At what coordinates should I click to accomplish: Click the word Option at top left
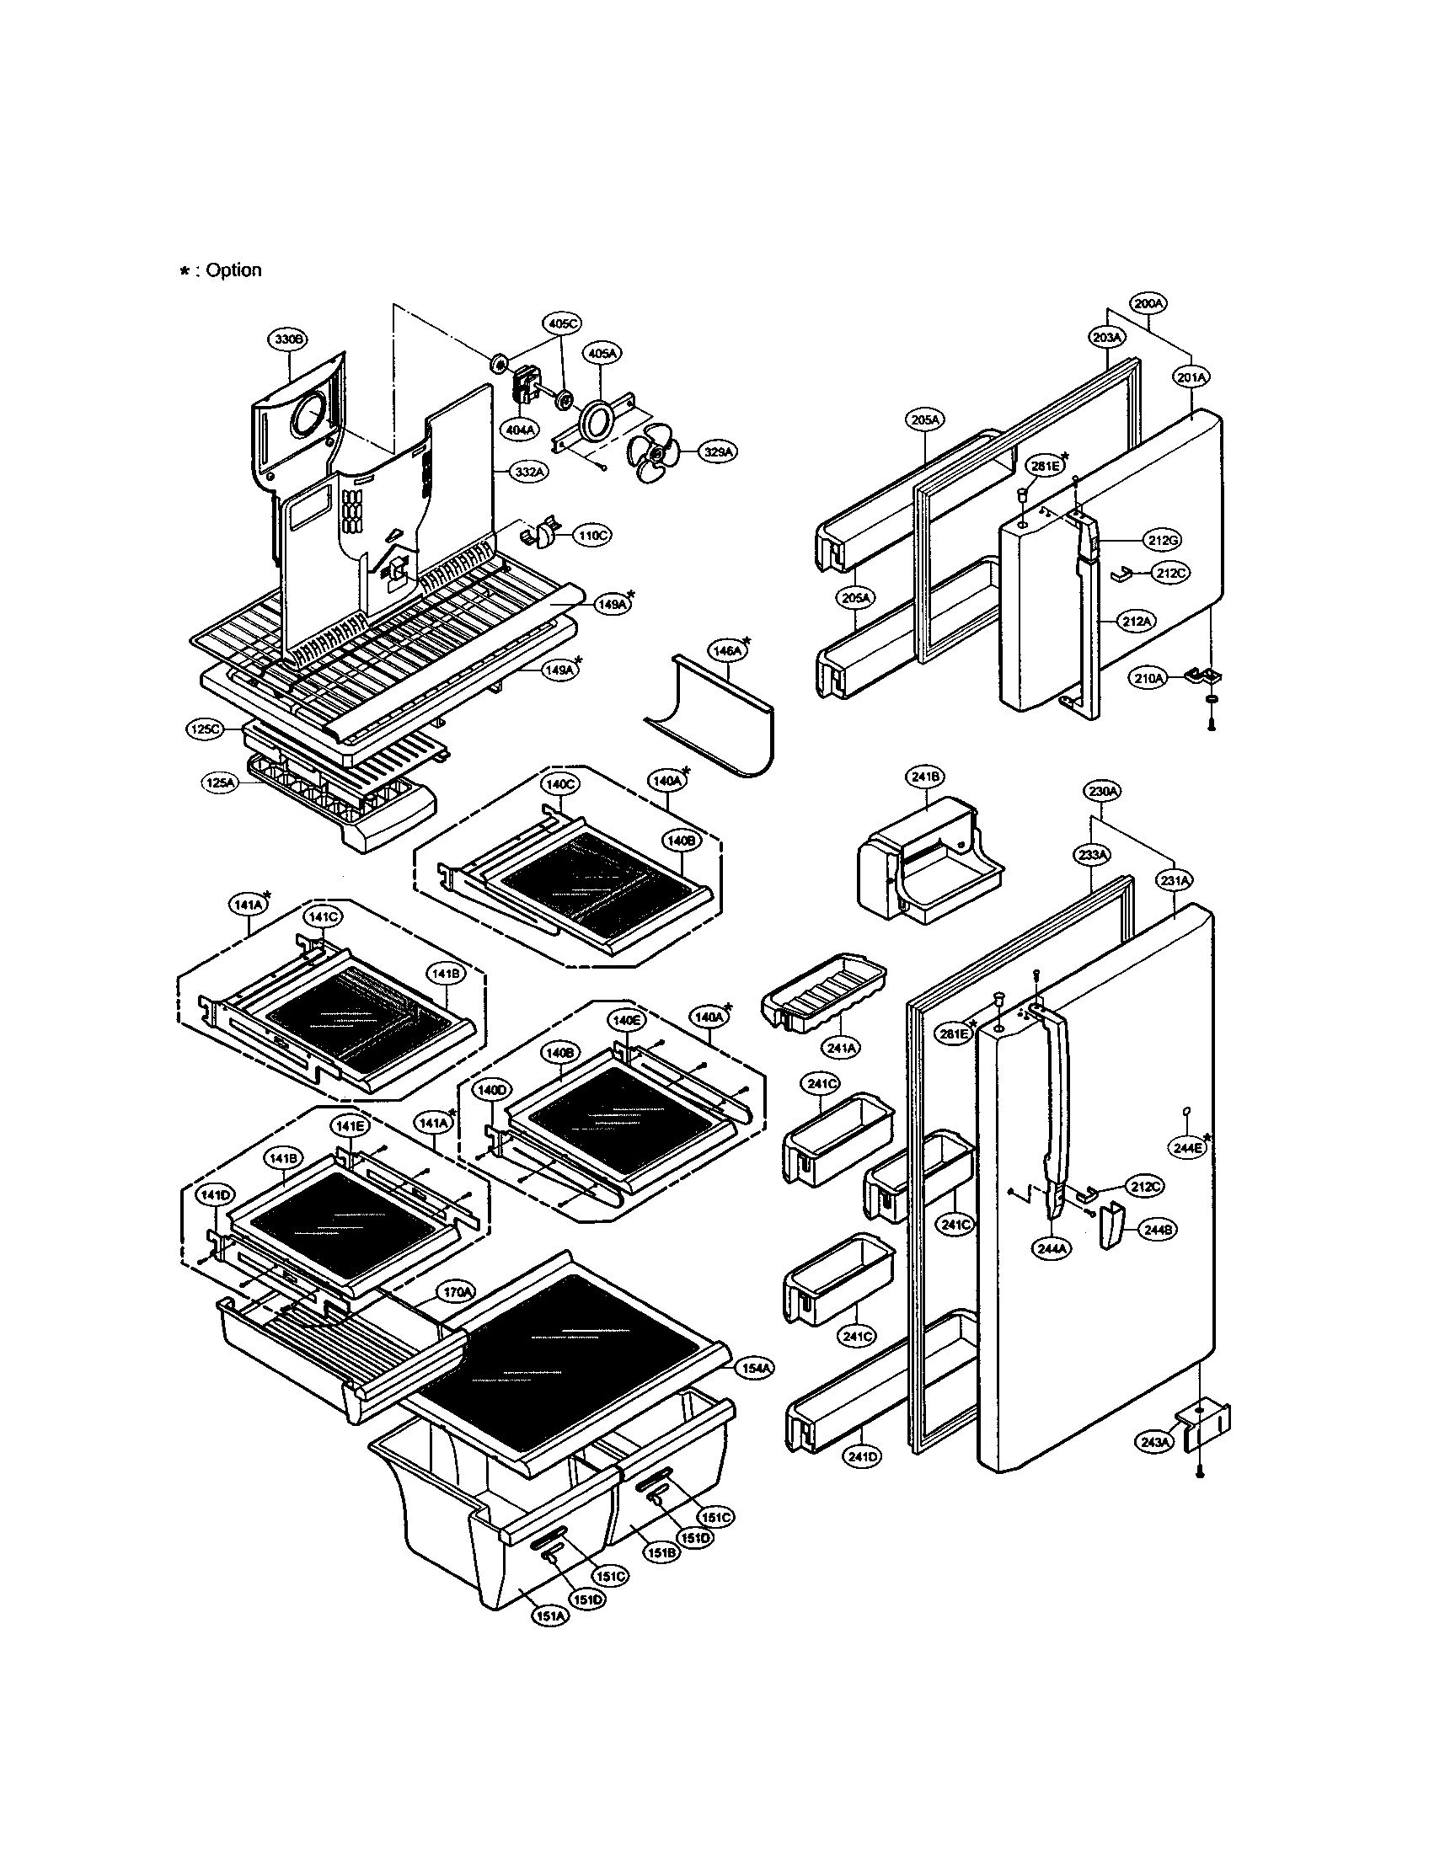233,270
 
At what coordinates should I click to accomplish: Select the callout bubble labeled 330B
288,339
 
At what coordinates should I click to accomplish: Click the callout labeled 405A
602,352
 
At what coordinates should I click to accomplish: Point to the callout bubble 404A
521,430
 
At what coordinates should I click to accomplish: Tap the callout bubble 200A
1149,303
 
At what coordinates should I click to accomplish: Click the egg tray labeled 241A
823,997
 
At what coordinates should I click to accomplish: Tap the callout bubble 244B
1158,1229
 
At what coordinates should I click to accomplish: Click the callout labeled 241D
862,1457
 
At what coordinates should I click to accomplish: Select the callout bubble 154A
754,1367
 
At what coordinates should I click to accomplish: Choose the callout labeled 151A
550,1617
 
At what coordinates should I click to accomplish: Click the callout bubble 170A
456,1292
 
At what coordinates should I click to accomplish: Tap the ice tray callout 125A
219,783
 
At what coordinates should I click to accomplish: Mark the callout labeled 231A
1175,882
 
